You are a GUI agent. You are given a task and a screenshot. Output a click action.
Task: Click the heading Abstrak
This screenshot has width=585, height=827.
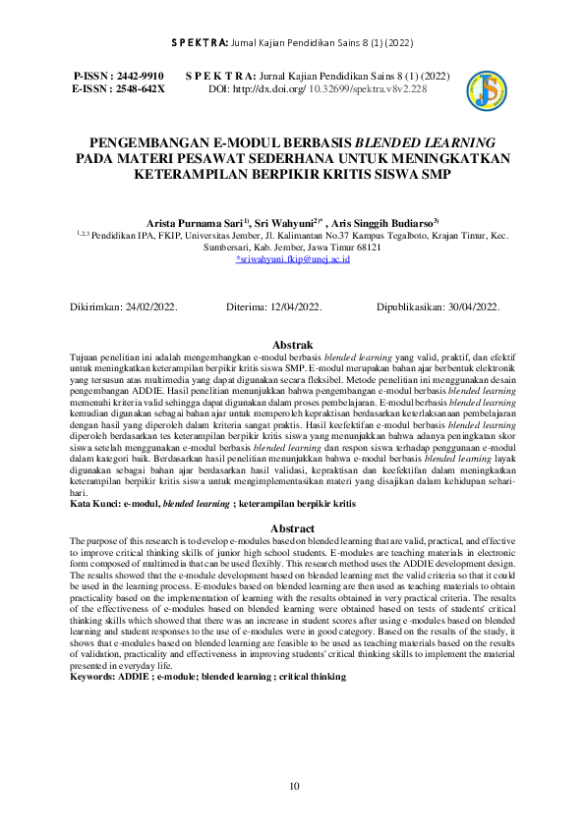pyautogui.click(x=292, y=346)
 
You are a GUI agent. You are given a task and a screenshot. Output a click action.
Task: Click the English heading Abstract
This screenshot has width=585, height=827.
pyautogui.click(x=292, y=529)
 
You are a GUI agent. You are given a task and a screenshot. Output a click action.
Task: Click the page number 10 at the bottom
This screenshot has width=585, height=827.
pyautogui.click(x=293, y=786)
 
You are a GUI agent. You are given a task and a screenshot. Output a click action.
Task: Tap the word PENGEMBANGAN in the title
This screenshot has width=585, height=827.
pyautogui.click(x=144, y=141)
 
